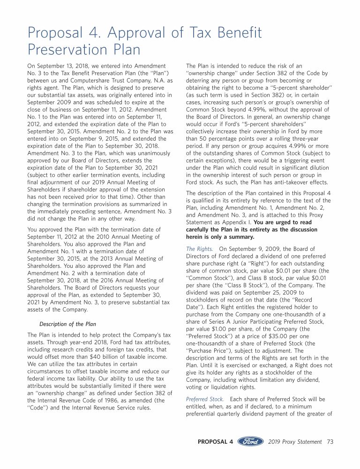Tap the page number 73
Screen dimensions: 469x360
330,442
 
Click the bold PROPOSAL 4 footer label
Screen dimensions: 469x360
216,442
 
